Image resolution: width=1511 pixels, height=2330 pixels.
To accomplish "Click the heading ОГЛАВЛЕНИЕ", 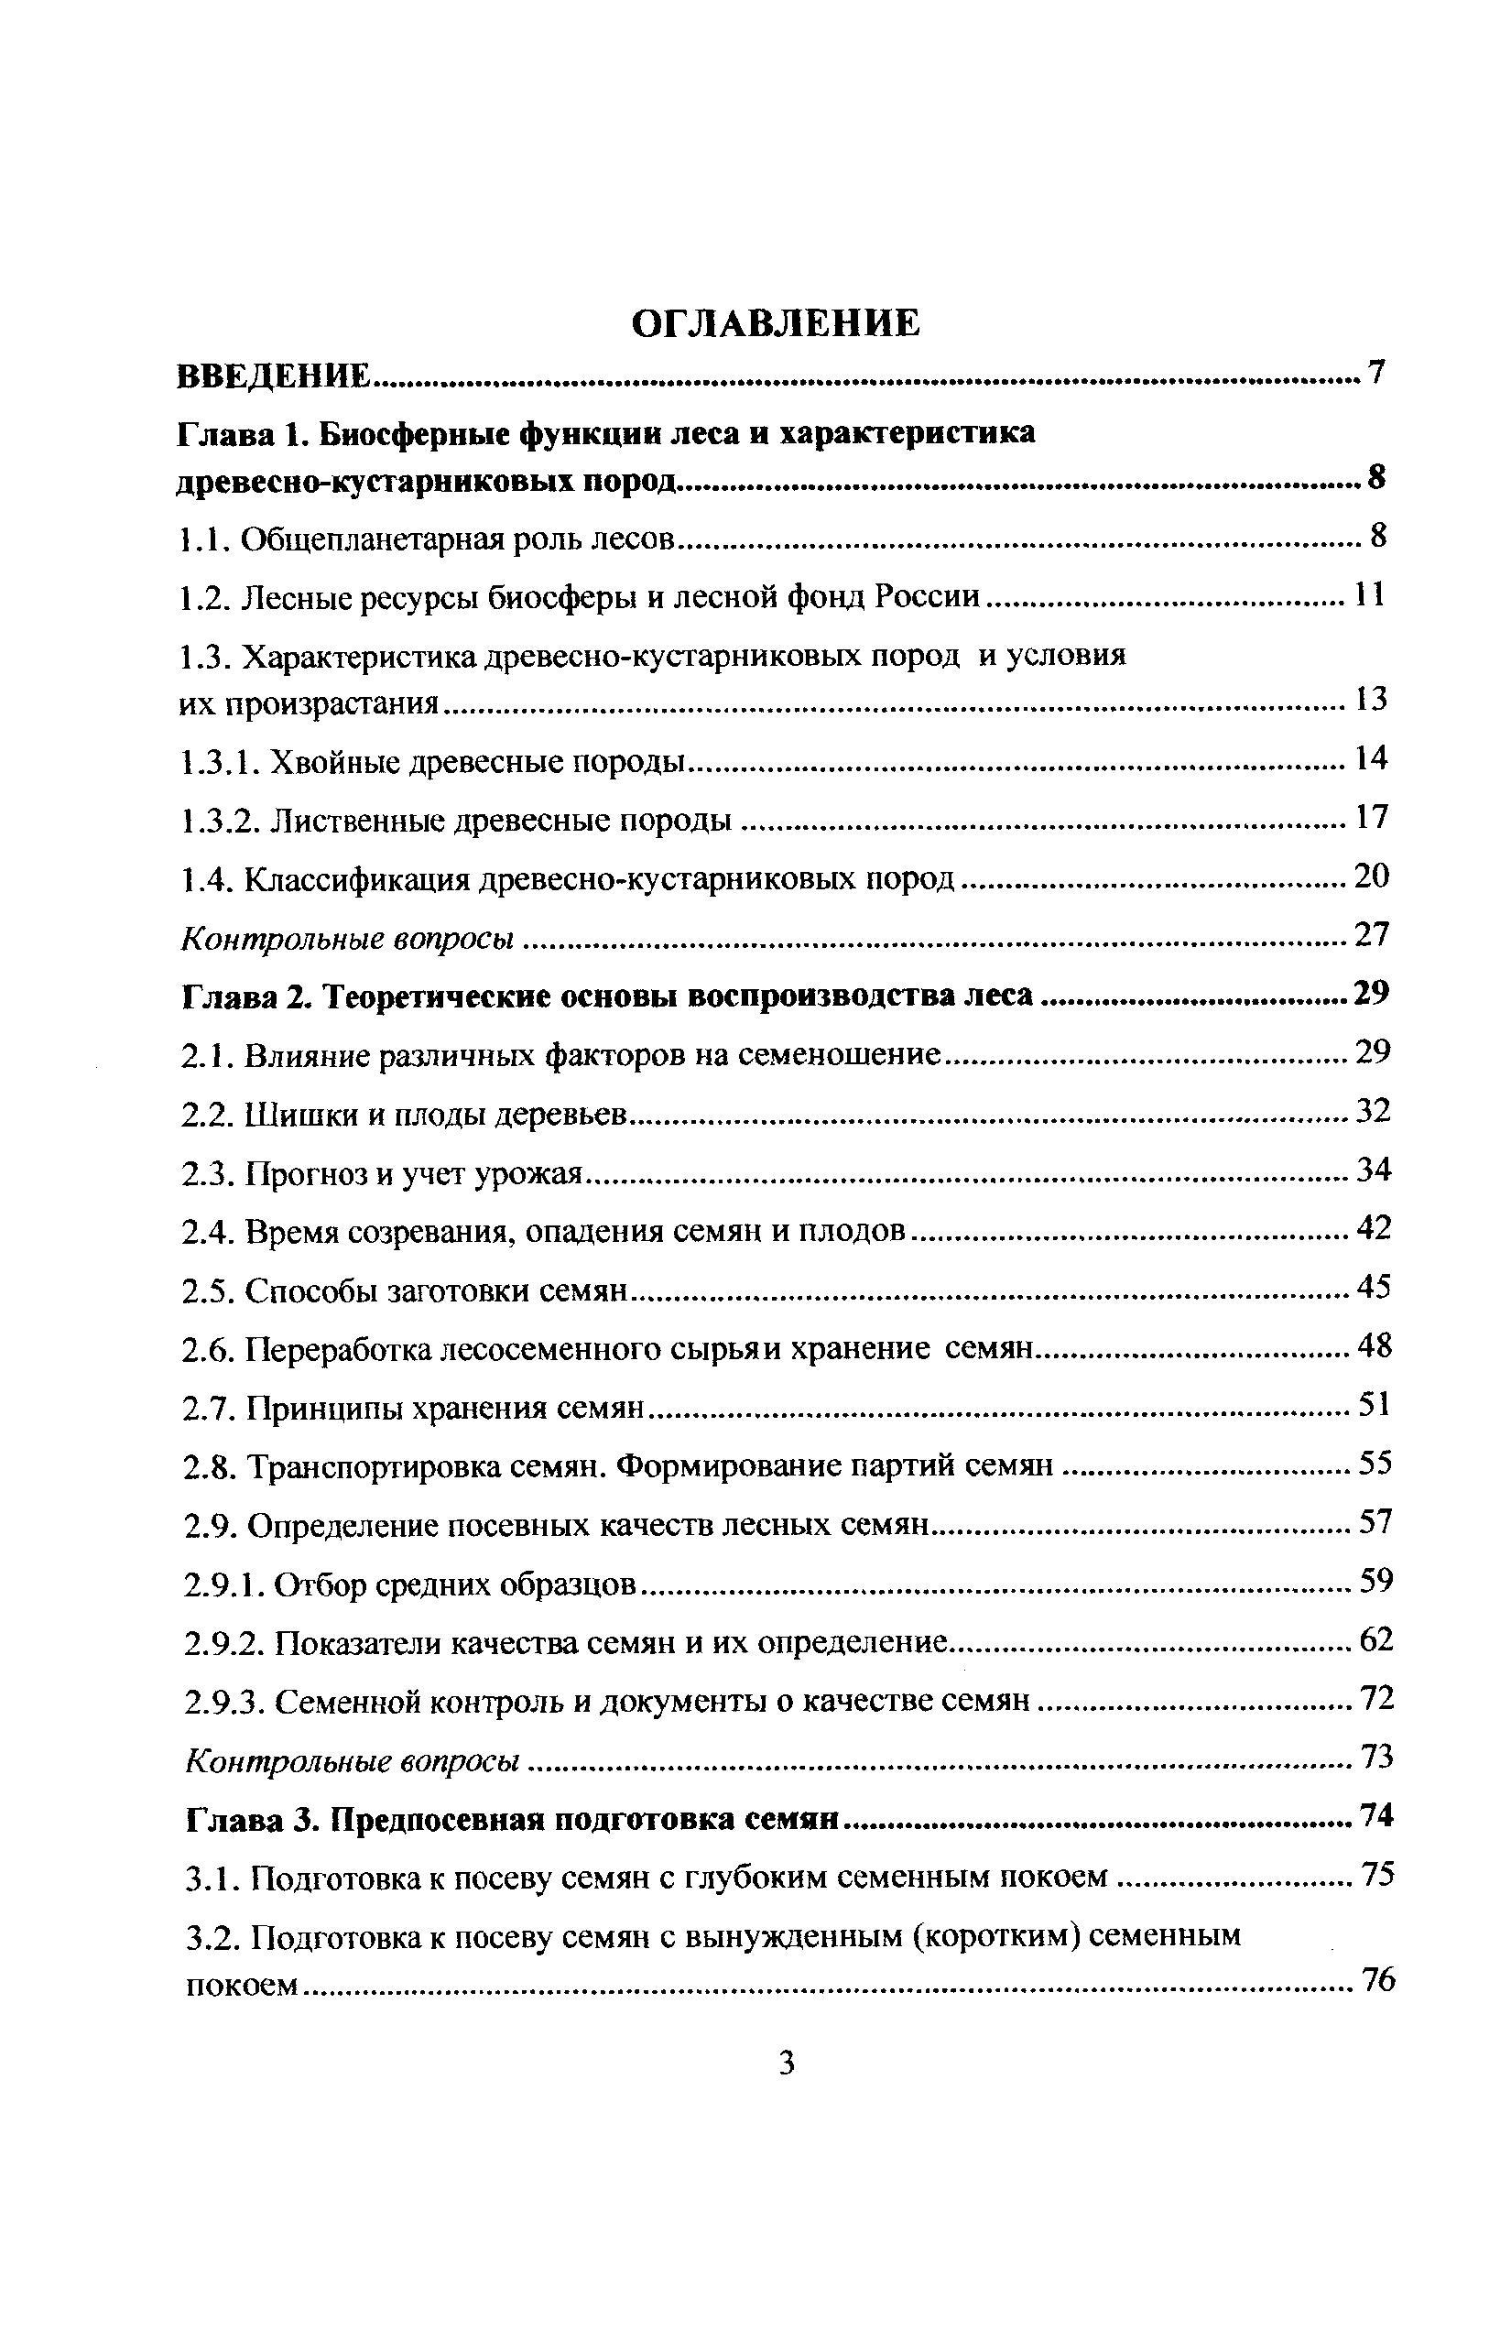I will click(775, 322).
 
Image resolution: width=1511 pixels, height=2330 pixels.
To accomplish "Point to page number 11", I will click(1369, 594).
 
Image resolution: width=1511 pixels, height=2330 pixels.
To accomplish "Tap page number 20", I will click(1371, 876).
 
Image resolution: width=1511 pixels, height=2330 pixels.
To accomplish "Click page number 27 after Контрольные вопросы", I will click(1371, 935).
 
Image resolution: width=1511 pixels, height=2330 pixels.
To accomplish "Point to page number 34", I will click(1373, 1170).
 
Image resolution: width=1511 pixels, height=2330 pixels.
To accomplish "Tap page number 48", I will click(1374, 1347).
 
